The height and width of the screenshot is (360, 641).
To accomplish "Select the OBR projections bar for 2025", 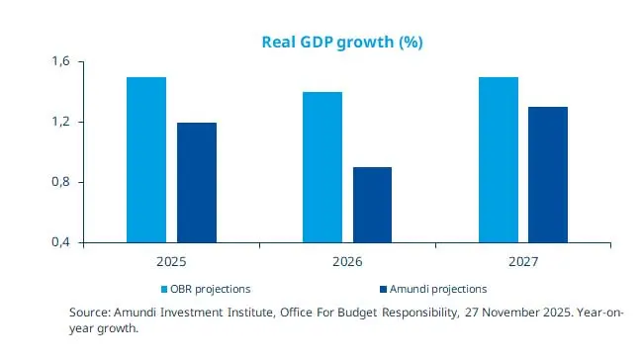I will pyautogui.click(x=146, y=159).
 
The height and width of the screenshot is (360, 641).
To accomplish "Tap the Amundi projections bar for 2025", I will pyautogui.click(x=197, y=182).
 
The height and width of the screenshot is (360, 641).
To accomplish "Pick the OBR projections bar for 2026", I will pyautogui.click(x=322, y=167).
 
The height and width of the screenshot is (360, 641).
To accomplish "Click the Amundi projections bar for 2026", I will pyautogui.click(x=372, y=205).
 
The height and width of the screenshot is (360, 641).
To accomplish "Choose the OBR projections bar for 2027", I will pyautogui.click(x=499, y=159).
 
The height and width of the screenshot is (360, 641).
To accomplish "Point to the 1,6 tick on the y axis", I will pyautogui.click(x=60, y=62).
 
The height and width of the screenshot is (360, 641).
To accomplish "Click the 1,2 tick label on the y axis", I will pyautogui.click(x=60, y=123).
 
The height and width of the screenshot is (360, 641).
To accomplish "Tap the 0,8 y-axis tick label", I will pyautogui.click(x=60, y=183).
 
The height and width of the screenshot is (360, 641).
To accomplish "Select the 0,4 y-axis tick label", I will pyautogui.click(x=60, y=243).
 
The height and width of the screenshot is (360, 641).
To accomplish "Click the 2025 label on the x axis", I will pyautogui.click(x=171, y=263).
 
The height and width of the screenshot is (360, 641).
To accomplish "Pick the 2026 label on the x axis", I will pyautogui.click(x=347, y=263).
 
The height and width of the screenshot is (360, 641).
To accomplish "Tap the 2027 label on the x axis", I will pyautogui.click(x=523, y=263).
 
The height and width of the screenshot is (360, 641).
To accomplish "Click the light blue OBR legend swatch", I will pyautogui.click(x=164, y=289).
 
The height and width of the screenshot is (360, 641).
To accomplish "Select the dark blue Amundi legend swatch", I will pyautogui.click(x=381, y=289).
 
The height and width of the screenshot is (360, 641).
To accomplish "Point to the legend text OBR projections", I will pyautogui.click(x=211, y=289).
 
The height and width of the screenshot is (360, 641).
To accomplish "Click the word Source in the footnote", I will pyautogui.click(x=89, y=313).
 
